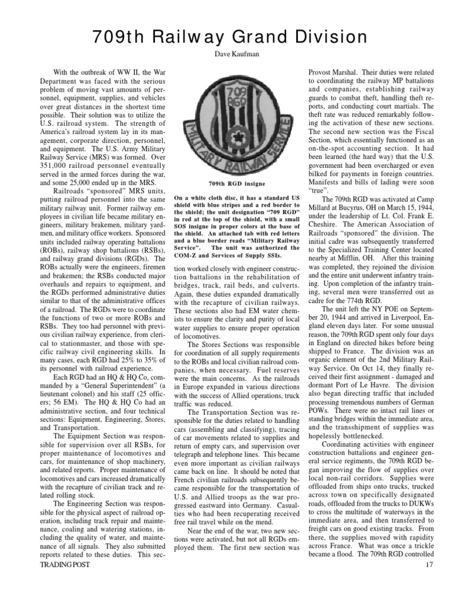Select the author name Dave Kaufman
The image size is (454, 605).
[x=227, y=59]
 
